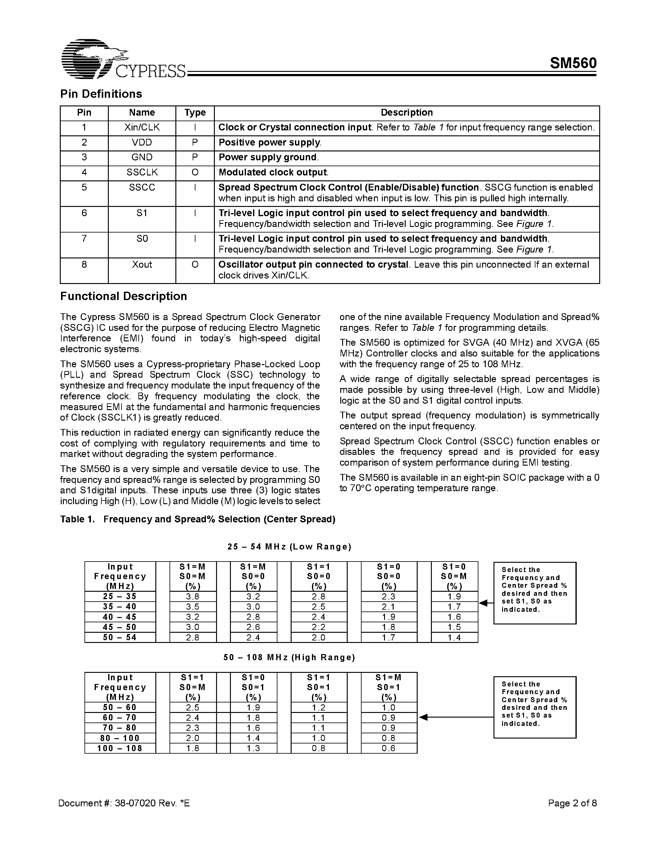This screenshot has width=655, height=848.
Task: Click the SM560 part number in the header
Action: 573,63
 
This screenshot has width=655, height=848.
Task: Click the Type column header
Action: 195,113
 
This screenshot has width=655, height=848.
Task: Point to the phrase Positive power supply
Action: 270,142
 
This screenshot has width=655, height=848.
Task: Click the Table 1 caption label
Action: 77,519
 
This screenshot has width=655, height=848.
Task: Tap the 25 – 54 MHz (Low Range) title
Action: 289,547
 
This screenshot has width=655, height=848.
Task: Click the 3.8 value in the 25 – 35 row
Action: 192,596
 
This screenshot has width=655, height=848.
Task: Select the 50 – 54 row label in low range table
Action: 120,637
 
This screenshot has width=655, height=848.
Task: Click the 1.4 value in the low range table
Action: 454,637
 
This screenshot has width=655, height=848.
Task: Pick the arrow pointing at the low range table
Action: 486,603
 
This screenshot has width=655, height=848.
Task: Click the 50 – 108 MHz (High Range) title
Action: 289,657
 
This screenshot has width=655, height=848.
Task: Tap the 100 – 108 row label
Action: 120,748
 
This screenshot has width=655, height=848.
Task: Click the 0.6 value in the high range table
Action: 388,748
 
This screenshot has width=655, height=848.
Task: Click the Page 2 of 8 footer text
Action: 572,803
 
